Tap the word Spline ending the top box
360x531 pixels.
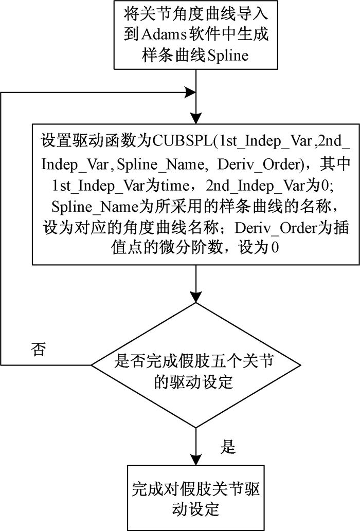tap(228, 56)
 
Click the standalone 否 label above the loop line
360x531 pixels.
tap(38, 349)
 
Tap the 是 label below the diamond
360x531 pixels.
tap(228, 447)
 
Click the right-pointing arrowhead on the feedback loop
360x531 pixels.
tap(190, 92)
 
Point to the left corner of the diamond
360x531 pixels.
tap(91, 365)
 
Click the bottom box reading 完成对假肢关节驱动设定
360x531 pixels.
tap(196, 498)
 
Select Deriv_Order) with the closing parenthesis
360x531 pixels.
tap(259, 164)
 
